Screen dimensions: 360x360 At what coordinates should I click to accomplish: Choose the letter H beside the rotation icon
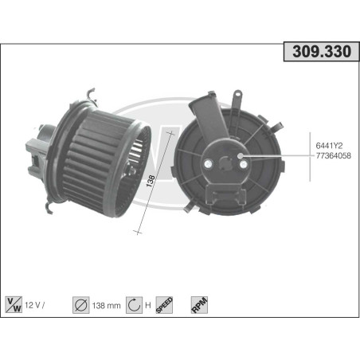point(149,303)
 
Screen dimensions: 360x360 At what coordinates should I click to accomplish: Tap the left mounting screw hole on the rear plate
point(209,166)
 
